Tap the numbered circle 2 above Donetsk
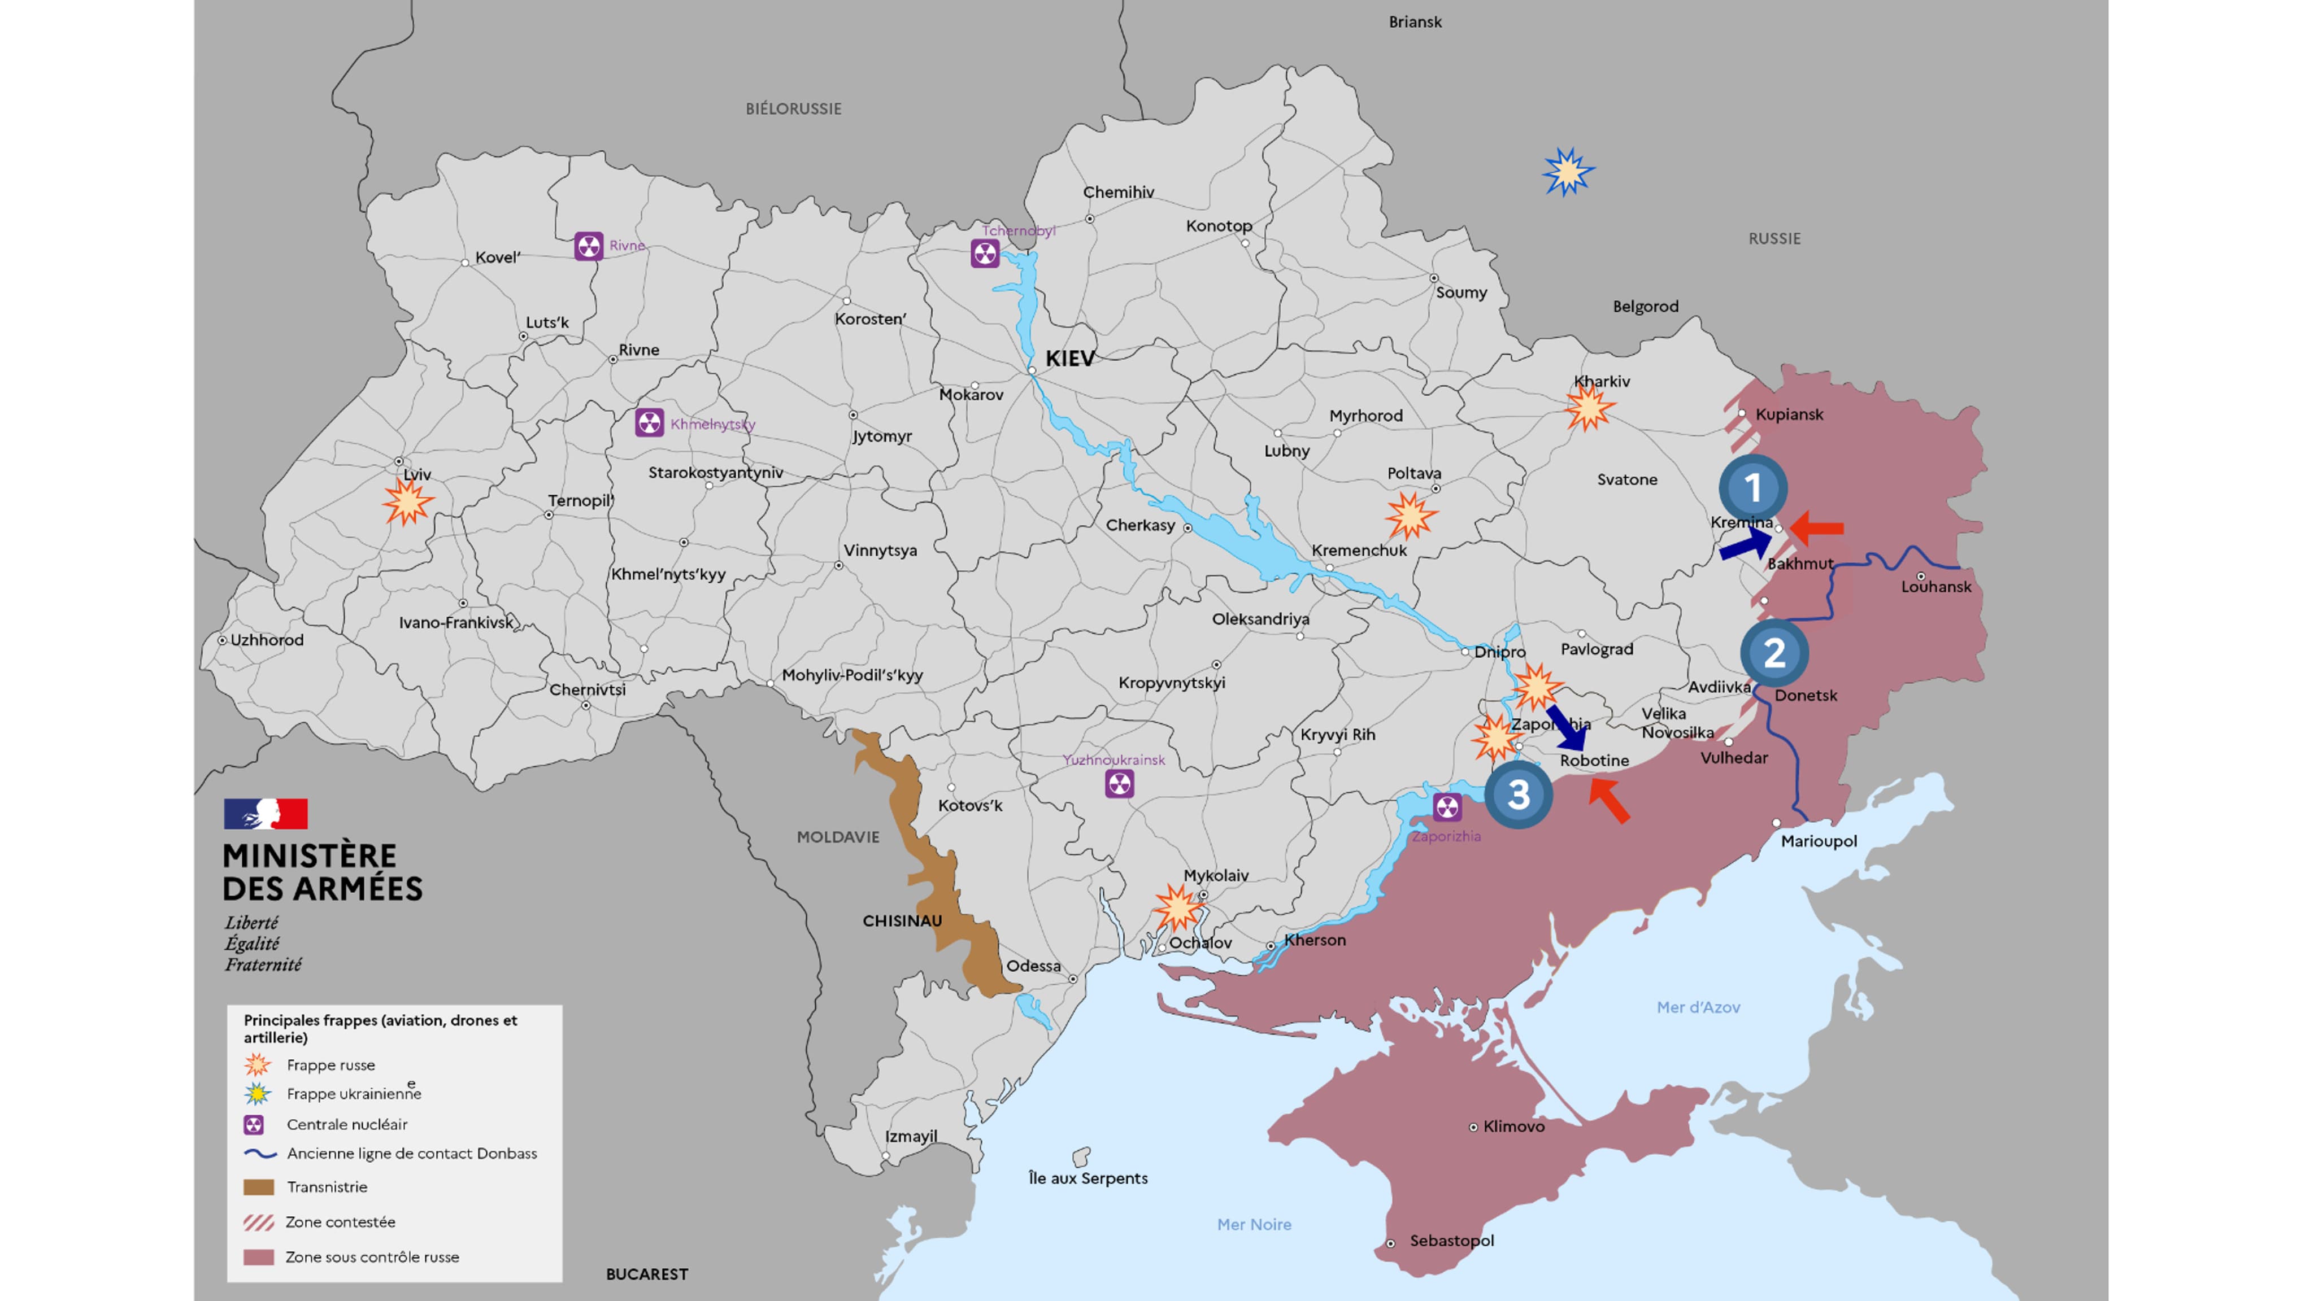[x=1774, y=653]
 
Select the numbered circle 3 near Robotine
[x=1518, y=794]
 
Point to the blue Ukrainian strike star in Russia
[x=1568, y=172]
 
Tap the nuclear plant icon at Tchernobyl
[x=985, y=253]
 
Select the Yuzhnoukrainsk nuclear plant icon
[x=1119, y=784]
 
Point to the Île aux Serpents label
[x=1088, y=1177]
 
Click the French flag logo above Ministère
[x=266, y=814]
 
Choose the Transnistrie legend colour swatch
[x=259, y=1187]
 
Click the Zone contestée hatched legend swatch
[x=259, y=1222]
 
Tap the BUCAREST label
[x=647, y=1274]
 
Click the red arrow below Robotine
[x=1609, y=801]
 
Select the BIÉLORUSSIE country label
[x=793, y=108]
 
